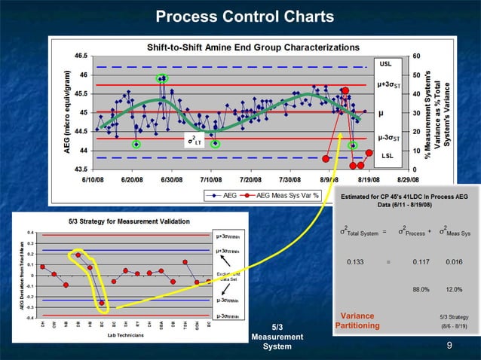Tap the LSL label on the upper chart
point(386,156)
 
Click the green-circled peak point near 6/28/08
point(161,78)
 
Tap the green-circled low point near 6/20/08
point(136,144)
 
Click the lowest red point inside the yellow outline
point(102,303)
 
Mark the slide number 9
point(449,346)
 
